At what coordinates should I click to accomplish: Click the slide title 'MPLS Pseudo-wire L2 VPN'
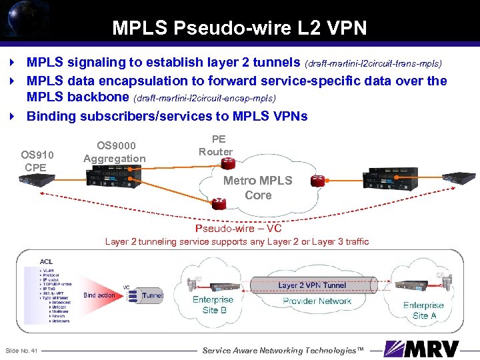239,27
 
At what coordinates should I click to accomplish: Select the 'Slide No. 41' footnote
22,351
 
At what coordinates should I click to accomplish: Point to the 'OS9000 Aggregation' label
114,152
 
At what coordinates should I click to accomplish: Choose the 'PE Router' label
215,145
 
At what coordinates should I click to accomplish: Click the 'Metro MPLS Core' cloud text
257,187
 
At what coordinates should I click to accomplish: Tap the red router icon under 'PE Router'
228,162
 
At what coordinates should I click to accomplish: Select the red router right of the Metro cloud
317,181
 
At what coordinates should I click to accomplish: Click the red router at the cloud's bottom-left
219,201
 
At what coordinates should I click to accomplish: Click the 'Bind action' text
99,295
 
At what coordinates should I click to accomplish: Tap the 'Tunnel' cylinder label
153,295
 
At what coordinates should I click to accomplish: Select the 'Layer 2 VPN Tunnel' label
312,285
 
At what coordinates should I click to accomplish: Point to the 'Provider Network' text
317,301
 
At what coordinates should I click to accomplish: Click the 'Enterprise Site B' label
213,305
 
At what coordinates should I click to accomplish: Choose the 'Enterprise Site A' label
423,310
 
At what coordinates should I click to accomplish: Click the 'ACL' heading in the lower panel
47,261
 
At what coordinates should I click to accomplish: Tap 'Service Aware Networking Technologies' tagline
283,350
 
